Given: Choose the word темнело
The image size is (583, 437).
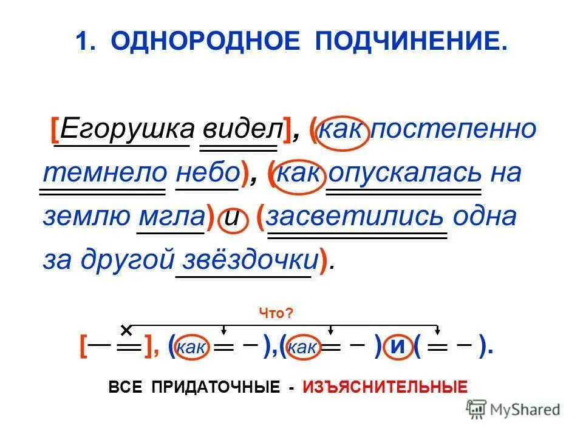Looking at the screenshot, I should click(104, 173).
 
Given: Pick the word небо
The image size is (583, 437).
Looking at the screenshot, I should click(207, 173).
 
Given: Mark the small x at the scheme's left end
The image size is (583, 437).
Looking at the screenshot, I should click(126, 330).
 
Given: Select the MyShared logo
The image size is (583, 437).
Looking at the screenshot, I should click(513, 410).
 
